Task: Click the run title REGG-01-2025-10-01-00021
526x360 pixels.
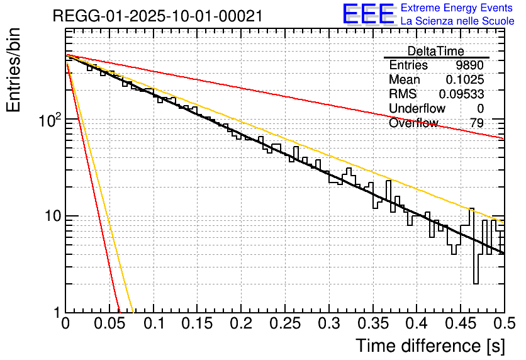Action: (x=157, y=16)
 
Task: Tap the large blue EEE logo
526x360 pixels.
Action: (x=369, y=14)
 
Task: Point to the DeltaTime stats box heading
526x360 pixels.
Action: (x=435, y=51)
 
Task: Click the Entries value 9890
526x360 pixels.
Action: (x=470, y=65)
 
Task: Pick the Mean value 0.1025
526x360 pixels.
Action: (x=464, y=80)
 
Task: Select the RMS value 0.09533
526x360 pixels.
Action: (x=461, y=94)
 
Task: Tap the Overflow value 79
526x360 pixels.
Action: (x=477, y=123)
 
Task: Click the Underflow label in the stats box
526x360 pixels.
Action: (x=417, y=109)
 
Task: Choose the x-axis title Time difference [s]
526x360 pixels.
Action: (x=429, y=346)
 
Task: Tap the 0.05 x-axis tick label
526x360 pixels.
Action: (x=109, y=325)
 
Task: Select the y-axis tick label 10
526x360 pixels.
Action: (x=50, y=216)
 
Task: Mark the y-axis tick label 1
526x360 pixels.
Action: (x=55, y=312)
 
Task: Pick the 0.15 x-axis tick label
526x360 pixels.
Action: (x=197, y=325)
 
